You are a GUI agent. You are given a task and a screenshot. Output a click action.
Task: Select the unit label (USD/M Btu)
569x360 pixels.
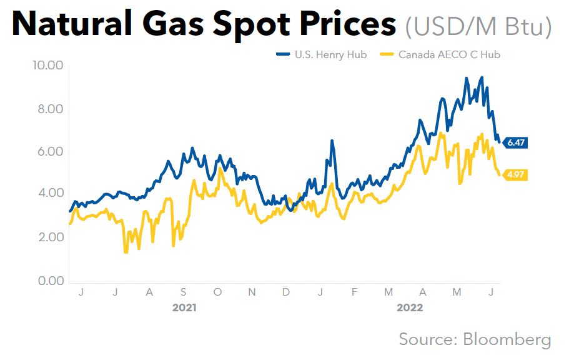pyautogui.click(x=478, y=26)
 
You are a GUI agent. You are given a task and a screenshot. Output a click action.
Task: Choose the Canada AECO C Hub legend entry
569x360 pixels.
pyautogui.click(x=448, y=54)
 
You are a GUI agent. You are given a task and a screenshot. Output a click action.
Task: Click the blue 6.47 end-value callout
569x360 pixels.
pyautogui.click(x=516, y=142)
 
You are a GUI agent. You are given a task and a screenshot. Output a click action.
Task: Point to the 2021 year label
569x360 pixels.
pyautogui.click(x=184, y=307)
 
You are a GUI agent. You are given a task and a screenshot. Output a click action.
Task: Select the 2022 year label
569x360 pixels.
pyautogui.click(x=410, y=307)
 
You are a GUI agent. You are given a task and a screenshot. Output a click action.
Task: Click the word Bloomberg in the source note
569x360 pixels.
pyautogui.click(x=507, y=339)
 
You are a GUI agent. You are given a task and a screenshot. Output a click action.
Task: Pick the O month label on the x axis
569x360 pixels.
pyautogui.click(x=217, y=292)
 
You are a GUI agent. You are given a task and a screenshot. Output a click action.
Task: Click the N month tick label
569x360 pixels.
pyautogui.click(x=251, y=292)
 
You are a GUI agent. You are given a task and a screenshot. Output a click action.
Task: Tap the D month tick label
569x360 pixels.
pyautogui.click(x=285, y=292)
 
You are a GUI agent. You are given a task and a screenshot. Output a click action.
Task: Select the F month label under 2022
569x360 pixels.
pyautogui.click(x=354, y=292)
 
